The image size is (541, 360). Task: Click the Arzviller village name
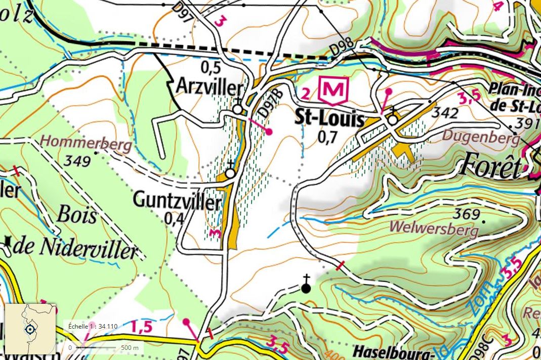[x=209, y=87]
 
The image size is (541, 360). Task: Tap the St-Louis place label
[x=329, y=120]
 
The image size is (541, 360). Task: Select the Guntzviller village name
[x=177, y=201]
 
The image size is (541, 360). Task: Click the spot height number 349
[x=77, y=162]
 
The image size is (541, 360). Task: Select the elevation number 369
[x=466, y=214]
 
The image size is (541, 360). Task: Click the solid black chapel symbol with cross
[x=306, y=288]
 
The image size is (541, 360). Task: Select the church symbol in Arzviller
[x=237, y=109]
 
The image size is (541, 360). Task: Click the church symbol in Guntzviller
[x=230, y=173]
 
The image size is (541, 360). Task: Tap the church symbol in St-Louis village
[x=392, y=119]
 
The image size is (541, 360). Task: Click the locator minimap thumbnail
[x=30, y=329]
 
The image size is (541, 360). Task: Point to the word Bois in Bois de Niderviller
[x=77, y=215]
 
